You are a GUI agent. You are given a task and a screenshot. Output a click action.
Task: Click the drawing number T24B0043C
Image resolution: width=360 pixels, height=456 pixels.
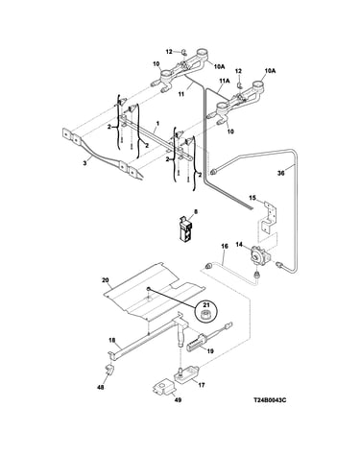click(x=270, y=400)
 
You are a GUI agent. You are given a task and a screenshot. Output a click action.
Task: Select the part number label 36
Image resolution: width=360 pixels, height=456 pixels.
click(x=280, y=174)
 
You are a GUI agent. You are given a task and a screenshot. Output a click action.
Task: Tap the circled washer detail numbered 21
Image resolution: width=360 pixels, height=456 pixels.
click(x=204, y=311)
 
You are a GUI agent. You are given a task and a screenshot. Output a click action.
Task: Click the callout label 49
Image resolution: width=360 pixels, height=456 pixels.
click(x=179, y=400)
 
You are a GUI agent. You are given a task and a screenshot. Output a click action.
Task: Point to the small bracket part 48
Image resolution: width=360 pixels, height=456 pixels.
click(x=109, y=370)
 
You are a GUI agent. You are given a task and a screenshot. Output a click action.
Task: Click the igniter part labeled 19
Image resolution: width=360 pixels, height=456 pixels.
click(x=203, y=342)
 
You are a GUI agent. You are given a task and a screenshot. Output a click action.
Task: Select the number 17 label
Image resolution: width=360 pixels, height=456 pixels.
click(x=202, y=385)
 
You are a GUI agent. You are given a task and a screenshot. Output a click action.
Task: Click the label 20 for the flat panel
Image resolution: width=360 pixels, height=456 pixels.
click(x=106, y=280)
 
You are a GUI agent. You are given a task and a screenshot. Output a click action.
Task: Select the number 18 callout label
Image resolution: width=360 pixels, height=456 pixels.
click(x=112, y=341)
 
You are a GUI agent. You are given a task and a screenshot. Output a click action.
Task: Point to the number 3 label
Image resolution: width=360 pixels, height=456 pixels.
click(x=84, y=163)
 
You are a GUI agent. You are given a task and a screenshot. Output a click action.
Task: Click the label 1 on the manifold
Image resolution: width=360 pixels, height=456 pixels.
click(x=157, y=123)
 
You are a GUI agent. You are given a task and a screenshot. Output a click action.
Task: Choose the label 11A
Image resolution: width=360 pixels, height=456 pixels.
click(x=225, y=82)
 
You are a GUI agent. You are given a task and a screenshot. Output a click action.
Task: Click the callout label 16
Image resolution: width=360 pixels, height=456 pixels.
click(x=225, y=247)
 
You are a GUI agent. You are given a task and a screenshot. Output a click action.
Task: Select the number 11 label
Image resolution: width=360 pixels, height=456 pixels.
click(x=181, y=94)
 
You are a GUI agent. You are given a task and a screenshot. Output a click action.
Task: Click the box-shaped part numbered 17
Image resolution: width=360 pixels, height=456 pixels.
click(x=187, y=373)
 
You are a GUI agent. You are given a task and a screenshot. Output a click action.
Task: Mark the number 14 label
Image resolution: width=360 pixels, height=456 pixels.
click(x=239, y=245)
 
